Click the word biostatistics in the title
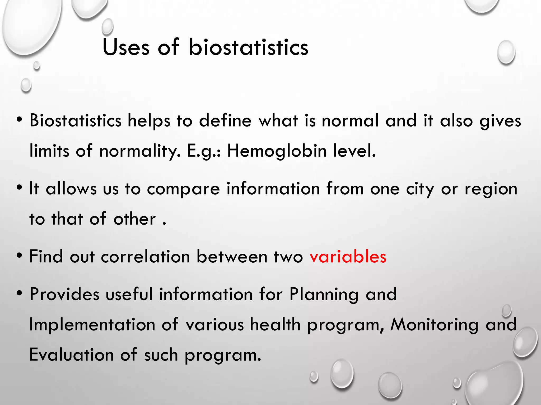248,47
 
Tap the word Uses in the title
126,47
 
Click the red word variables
348,257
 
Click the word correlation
145,257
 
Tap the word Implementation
92,325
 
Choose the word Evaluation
71,355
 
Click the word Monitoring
434,325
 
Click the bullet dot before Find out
19,255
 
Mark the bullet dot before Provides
19,293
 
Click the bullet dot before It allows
19,188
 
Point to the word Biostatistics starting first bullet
75,121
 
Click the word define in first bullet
225,121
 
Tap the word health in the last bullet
275,324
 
